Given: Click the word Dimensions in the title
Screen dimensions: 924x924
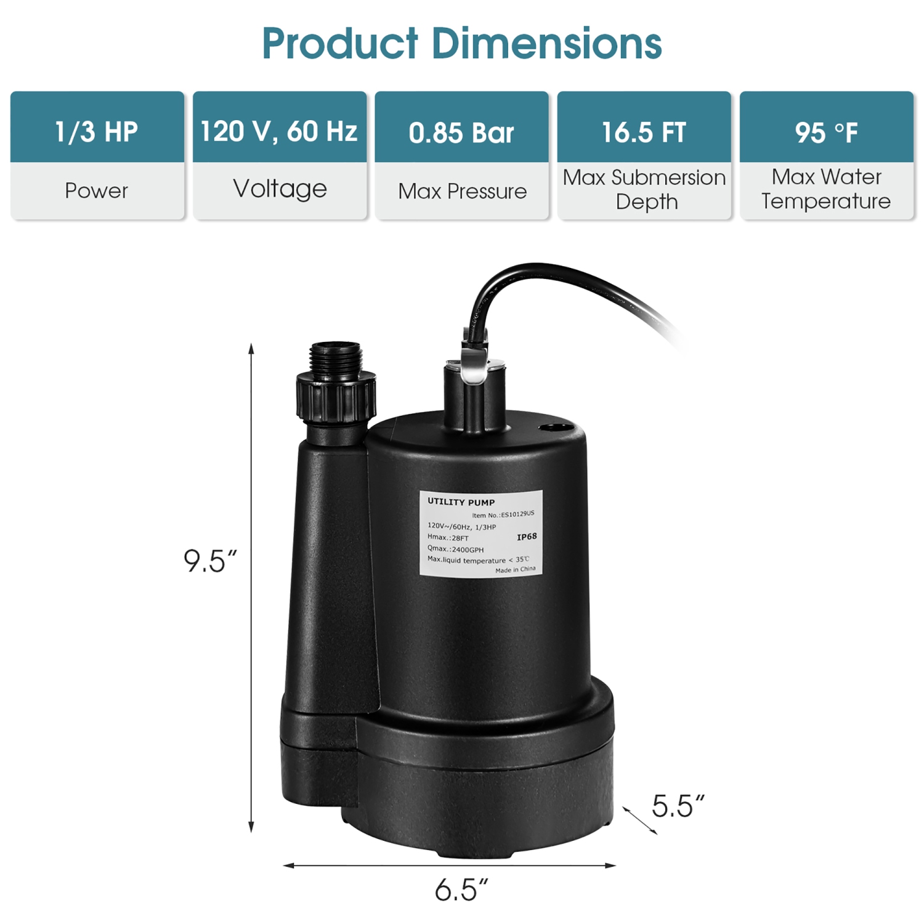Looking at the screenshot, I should point(546,44).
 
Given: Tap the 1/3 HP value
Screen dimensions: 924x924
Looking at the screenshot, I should point(97,132).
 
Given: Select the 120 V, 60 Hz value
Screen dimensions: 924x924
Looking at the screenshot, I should point(279,131).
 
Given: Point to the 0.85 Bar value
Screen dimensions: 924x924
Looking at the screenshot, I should point(461,133).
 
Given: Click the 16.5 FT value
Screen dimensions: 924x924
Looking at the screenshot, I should point(644,132).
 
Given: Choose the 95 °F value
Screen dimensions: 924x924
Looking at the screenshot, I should point(826,133).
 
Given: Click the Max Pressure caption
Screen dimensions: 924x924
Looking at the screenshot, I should point(462,192).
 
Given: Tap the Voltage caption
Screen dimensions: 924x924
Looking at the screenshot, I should point(280,188).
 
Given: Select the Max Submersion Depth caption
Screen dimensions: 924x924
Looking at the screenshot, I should point(644,190).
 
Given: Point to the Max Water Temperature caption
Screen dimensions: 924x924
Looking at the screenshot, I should point(826,189).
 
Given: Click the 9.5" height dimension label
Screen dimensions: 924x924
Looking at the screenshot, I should point(210,561).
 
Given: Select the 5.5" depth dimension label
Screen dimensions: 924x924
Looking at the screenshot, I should point(678,806).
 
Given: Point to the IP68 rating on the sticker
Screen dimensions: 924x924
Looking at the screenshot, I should point(527,537).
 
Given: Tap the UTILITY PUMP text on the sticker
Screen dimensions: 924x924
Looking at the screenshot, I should point(461,502).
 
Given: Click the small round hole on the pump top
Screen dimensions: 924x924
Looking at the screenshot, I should point(556,428).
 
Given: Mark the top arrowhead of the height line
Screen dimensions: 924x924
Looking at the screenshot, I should point(251,348).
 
